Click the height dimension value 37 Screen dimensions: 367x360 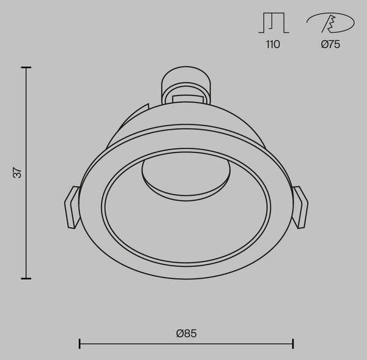pyautogui.click(x=17, y=173)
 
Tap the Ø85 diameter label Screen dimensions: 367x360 pyautogui.click(x=187, y=333)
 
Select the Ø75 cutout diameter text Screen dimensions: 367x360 pyautogui.click(x=330, y=44)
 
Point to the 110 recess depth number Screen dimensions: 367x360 pyautogui.click(x=273, y=44)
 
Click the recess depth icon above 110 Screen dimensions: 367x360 pyautogui.click(x=273, y=23)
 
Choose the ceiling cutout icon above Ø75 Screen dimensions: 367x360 pyautogui.click(x=330, y=23)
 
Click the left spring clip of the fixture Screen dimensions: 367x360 pyautogui.click(x=72, y=207)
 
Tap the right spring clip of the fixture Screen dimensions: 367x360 pyautogui.click(x=300, y=207)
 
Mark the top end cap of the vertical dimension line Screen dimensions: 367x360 pyautogui.click(x=26, y=67)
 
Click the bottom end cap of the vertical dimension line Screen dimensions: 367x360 pyautogui.click(x=26, y=279)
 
